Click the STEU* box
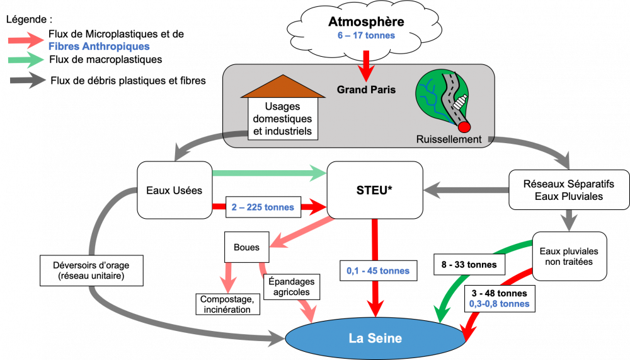coord(375,190)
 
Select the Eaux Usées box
coord(175,190)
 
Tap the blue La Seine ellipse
coord(375,338)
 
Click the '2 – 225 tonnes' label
coord(263,207)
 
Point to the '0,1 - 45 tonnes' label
coord(378,270)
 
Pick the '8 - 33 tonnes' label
coord(469,265)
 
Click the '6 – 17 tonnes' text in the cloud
coord(366,35)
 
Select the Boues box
coord(247,247)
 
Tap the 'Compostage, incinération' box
coord(227,304)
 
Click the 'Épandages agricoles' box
coord(292,287)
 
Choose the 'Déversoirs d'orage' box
coord(91,270)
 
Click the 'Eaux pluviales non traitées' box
coord(570,256)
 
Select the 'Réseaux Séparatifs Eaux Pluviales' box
coord(569,190)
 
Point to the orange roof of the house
coord(283,86)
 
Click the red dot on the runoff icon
coord(464,127)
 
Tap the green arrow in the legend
coord(26,60)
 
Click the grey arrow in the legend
coord(27,81)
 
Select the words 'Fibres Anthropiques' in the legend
coord(99,47)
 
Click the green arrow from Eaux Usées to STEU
coord(269,173)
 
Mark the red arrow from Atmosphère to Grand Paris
coord(366,66)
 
